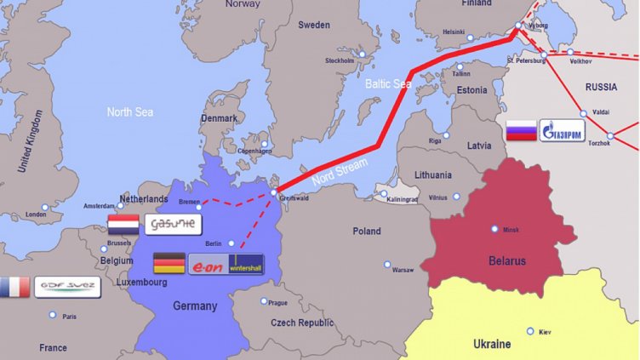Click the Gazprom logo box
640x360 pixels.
coord(568,132)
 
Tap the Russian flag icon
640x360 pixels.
coord(521,131)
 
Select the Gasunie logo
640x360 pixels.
coord(173,225)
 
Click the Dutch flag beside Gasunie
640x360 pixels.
coord(123,225)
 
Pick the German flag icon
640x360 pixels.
coord(169,264)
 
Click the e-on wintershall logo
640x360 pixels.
coord(226,264)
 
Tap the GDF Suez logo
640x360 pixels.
coord(66,287)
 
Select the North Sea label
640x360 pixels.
coord(129,111)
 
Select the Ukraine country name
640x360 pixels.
coord(492,344)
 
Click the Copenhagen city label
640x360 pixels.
coord(255,151)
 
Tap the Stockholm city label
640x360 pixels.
coord(340,60)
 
